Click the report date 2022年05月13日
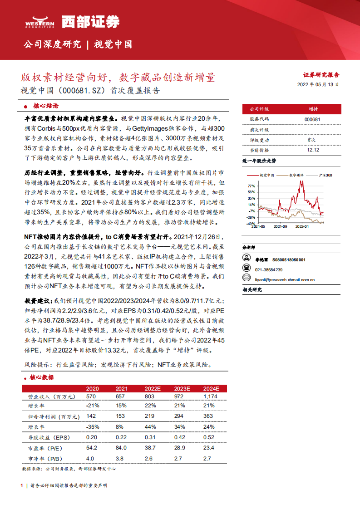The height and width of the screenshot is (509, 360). coord(318,84)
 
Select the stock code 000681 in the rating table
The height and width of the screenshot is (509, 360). coord(313,119)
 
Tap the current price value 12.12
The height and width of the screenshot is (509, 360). coord(313,150)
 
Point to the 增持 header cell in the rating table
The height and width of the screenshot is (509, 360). coord(313,109)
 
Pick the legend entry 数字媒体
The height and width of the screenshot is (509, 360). coord(296,175)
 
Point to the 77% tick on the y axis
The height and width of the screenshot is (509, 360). coord(251,186)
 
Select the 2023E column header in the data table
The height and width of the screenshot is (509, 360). coord(182,389)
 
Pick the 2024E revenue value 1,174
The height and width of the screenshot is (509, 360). coord(211,396)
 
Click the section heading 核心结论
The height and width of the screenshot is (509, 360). coord(45,106)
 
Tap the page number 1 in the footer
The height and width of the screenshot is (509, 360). coord(22,485)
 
